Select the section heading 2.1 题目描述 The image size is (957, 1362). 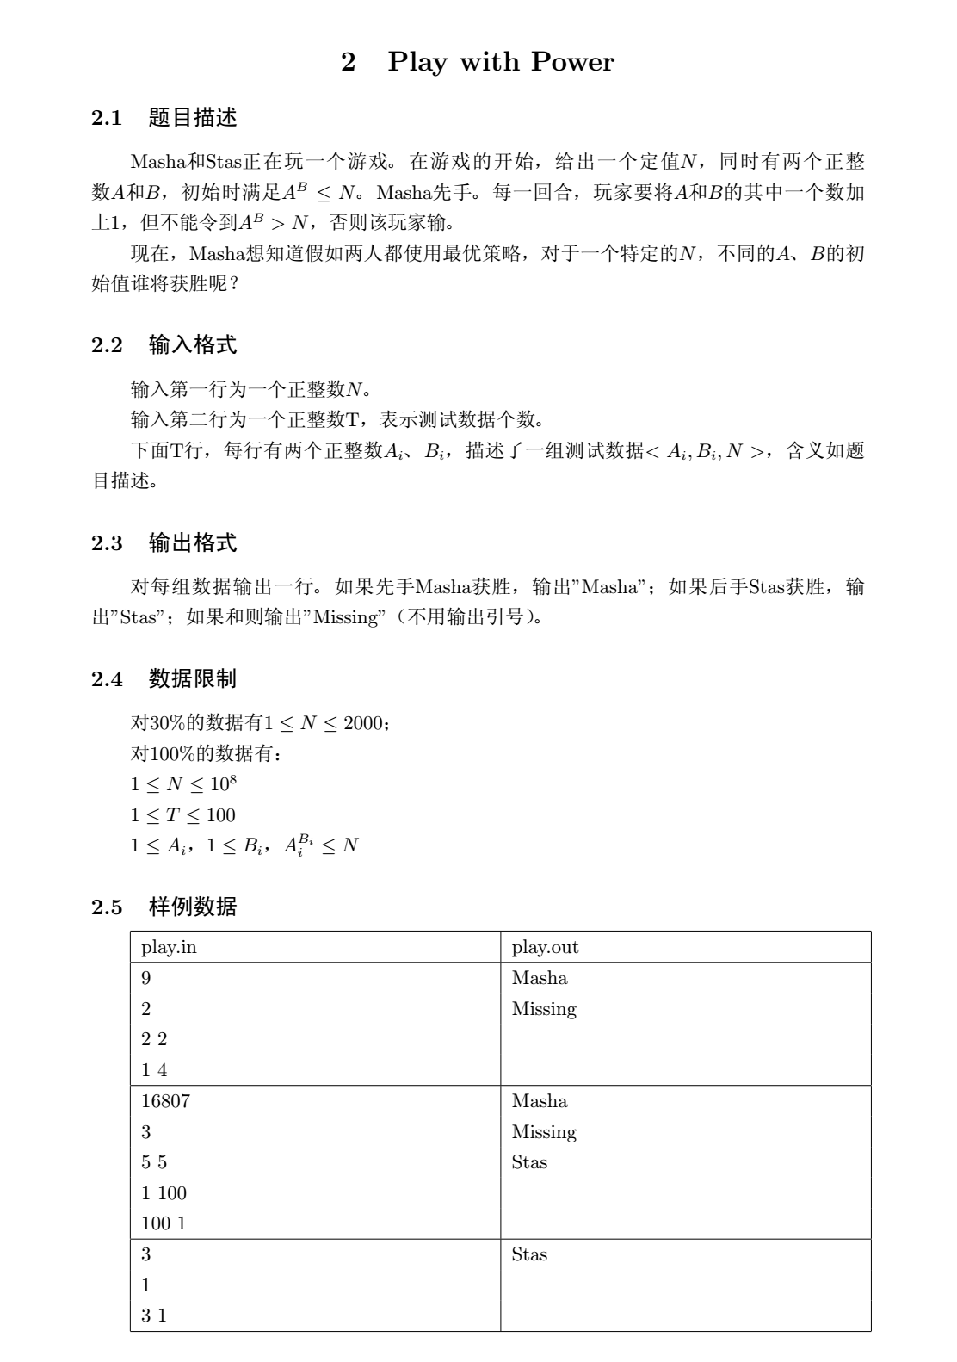[164, 118]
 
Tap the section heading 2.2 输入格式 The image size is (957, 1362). [164, 346]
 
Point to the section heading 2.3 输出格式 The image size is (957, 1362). [164, 543]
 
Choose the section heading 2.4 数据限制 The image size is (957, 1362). [164, 678]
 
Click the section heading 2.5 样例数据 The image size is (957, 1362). [164, 907]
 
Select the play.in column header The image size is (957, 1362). [169, 947]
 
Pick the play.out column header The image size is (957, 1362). [545, 947]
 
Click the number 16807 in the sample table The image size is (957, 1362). [165, 1101]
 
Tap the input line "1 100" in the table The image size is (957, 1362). [164, 1193]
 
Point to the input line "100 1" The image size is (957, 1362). [164, 1223]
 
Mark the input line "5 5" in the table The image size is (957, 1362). [154, 1162]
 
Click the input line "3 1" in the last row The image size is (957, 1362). [154, 1316]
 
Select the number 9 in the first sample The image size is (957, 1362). [146, 978]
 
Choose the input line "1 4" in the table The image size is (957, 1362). [154, 1070]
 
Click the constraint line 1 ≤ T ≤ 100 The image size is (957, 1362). [182, 815]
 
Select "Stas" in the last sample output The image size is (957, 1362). [529, 1254]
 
